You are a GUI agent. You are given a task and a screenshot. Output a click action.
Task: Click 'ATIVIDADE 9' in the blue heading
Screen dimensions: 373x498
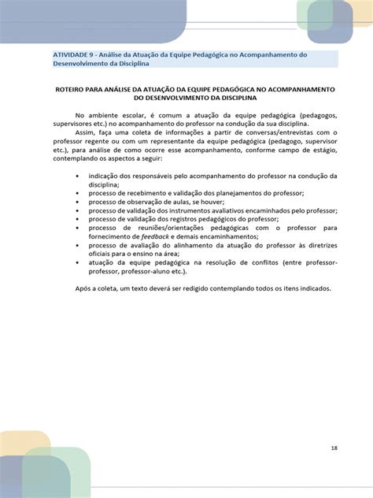[74, 54]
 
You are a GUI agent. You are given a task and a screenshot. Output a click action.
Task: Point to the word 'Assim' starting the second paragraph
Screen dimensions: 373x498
[87, 133]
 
